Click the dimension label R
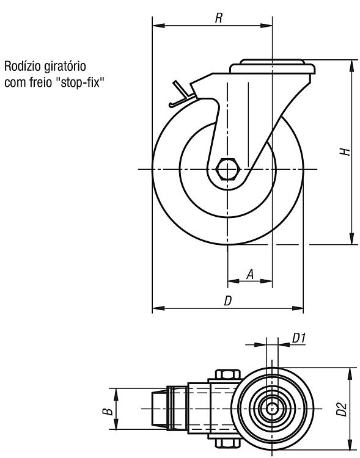point(219,18)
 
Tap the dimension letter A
point(249,275)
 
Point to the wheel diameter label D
point(228,300)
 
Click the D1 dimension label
point(299,338)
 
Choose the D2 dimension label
point(341,409)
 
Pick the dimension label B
point(108,412)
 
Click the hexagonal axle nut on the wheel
point(228,169)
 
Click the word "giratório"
point(65,67)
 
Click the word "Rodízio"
point(22,67)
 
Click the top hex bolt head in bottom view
point(228,374)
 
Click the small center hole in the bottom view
point(272,409)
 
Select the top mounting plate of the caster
point(272,67)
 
